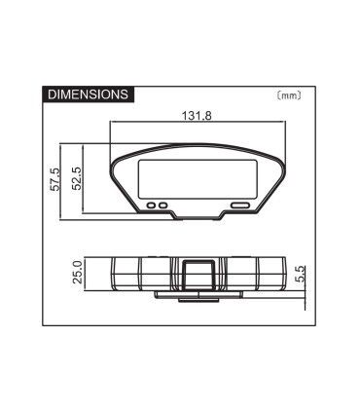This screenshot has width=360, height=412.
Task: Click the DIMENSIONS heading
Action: pos(88,94)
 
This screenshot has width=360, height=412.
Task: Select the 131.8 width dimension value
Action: pos(198,116)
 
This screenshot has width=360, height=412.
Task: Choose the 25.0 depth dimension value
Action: pos(77,274)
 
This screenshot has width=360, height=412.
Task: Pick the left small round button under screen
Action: pos(155,205)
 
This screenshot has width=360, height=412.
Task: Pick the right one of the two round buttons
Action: pos(164,205)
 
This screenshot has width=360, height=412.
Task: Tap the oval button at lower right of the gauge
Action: pos(240,205)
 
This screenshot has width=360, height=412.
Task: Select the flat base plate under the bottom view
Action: pos(198,293)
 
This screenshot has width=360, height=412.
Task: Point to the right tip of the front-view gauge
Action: pos(284,162)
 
